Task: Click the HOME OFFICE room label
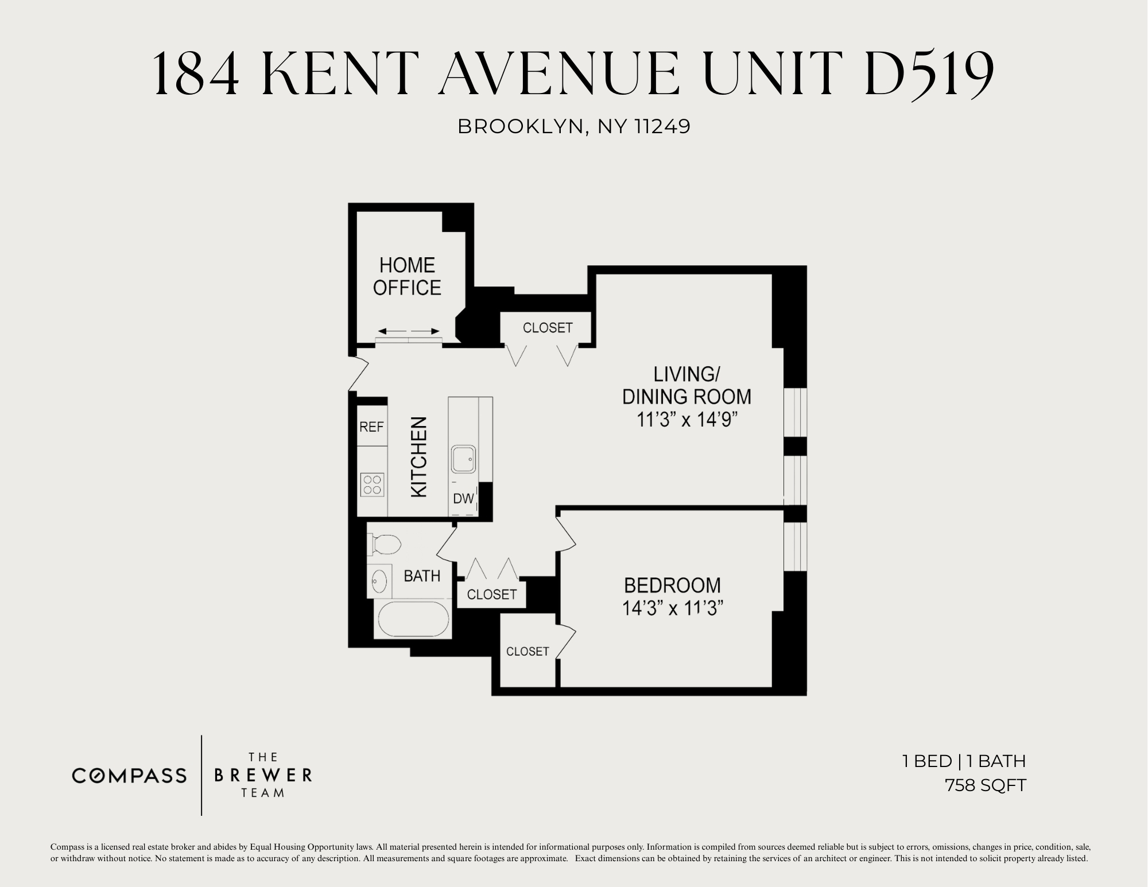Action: point(407,276)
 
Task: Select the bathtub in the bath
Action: point(413,619)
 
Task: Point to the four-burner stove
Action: point(372,485)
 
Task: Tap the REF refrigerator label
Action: point(371,427)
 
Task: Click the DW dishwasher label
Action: point(463,499)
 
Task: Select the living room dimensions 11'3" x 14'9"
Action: point(687,420)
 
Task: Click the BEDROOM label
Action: point(672,585)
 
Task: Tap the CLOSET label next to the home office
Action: point(548,327)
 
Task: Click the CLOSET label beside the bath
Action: point(492,594)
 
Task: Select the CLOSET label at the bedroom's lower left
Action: point(528,651)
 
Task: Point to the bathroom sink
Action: point(379,580)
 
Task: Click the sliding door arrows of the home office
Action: point(409,331)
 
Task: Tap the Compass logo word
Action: point(129,776)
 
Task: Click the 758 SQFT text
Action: point(985,785)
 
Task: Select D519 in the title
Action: point(929,73)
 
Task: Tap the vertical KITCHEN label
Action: point(420,457)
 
